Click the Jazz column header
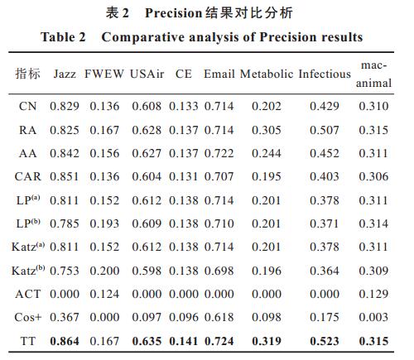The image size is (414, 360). coord(65,74)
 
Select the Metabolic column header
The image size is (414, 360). coord(267,74)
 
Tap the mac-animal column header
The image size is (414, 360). coord(373,74)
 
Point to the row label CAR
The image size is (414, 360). coord(27,176)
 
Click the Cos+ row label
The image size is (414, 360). coord(27,317)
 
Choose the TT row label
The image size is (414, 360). coord(27,341)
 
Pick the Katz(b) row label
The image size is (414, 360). coord(28,271)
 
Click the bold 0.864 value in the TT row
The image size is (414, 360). coord(65,341)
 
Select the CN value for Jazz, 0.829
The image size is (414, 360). coord(65,106)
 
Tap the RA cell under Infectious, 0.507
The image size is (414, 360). coord(325,130)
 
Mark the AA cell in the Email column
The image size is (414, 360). coord(219,153)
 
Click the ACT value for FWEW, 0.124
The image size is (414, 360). coord(104,294)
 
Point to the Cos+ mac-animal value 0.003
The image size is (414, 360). coord(373,317)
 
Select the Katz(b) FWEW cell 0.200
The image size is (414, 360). coord(104,271)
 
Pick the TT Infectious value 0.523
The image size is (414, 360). coord(325,341)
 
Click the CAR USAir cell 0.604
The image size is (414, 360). coord(147,176)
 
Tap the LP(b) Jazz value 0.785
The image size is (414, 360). coord(65,223)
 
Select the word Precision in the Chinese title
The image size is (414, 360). coord(174,13)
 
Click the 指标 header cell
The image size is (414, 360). coord(27,74)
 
